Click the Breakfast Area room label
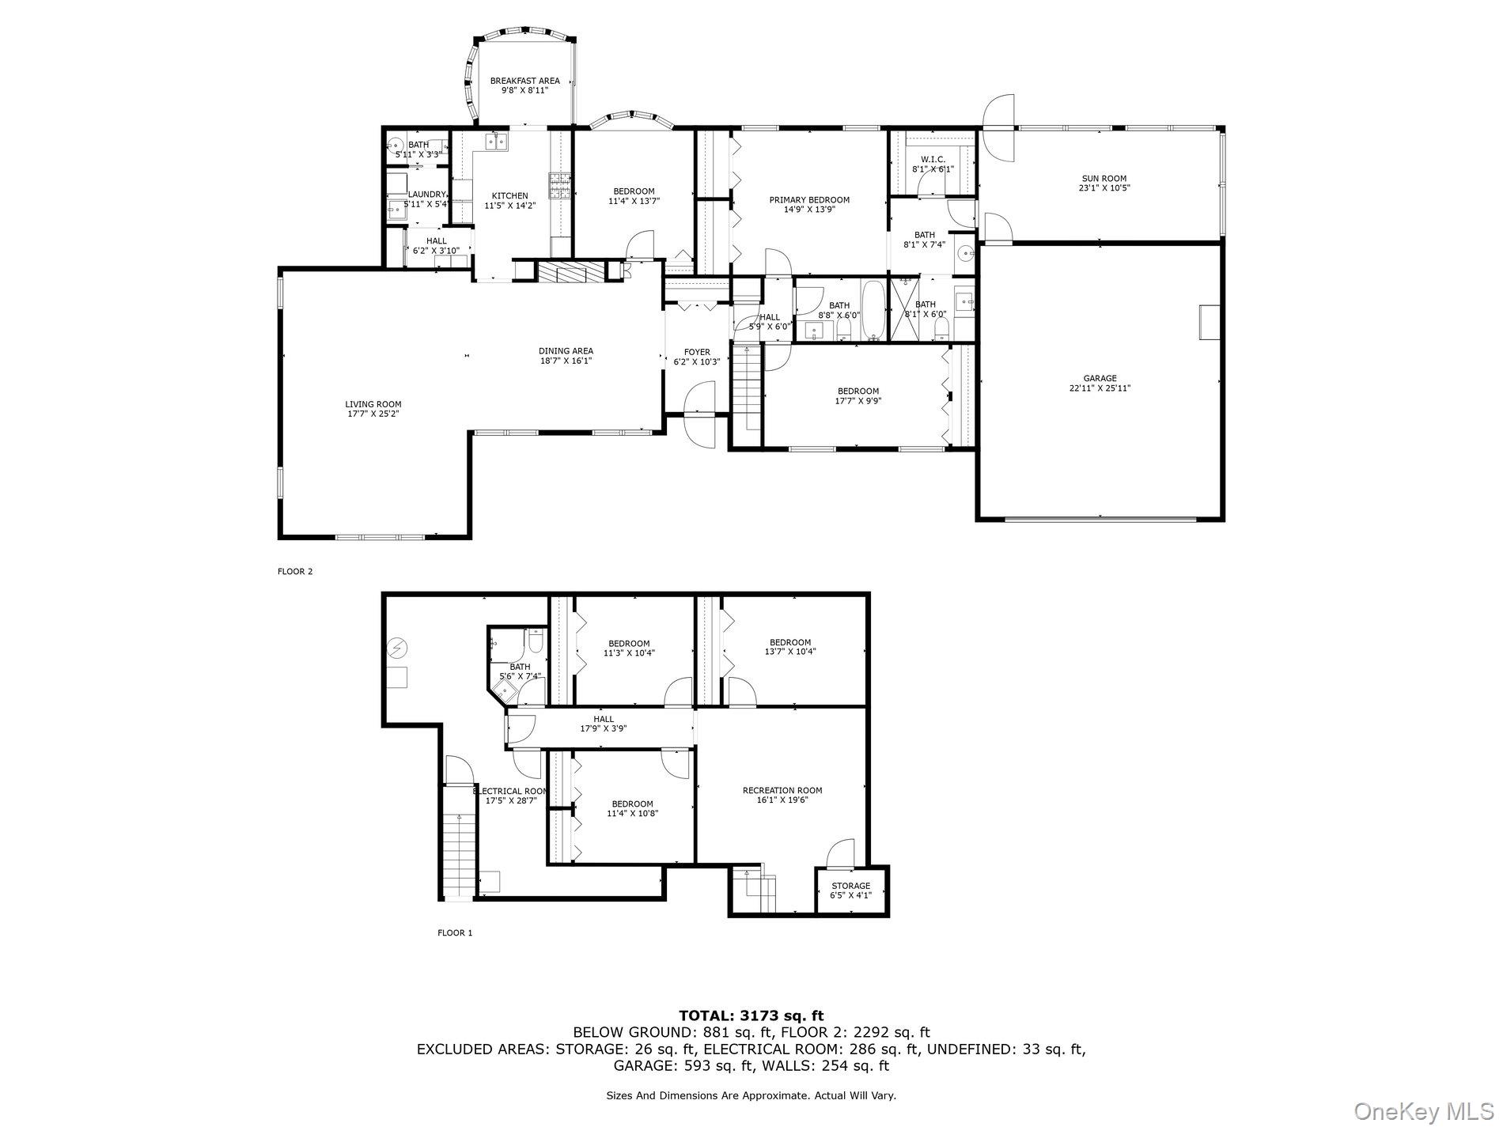click(524, 81)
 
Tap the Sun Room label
click(1103, 179)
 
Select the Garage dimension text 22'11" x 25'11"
click(1100, 388)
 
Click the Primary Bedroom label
click(809, 200)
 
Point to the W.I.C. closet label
click(933, 159)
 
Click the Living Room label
click(373, 404)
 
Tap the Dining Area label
click(566, 351)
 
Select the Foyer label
click(697, 352)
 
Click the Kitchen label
click(509, 196)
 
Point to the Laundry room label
click(427, 195)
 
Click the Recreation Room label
click(782, 790)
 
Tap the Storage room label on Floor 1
click(850, 886)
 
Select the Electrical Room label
click(510, 791)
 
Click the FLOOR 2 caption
click(295, 571)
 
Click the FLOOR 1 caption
click(455, 933)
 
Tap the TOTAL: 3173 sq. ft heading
click(751, 1015)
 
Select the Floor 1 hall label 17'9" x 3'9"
click(604, 719)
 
